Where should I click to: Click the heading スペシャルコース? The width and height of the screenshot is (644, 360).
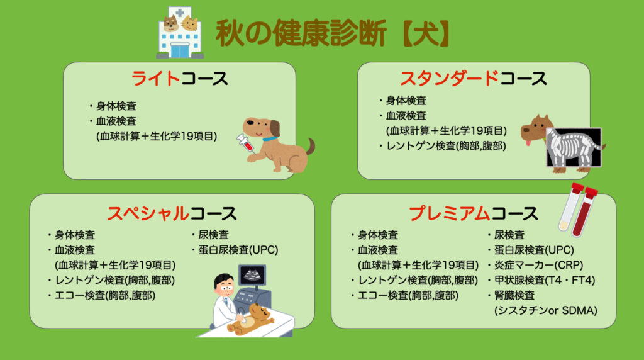click(x=171, y=213)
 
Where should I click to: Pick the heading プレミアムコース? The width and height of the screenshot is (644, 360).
click(x=473, y=213)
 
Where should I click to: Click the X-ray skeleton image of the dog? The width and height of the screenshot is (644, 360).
click(x=572, y=149)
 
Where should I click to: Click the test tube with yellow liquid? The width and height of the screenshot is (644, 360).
click(x=568, y=208)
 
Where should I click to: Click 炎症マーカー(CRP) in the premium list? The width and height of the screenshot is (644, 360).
click(x=533, y=265)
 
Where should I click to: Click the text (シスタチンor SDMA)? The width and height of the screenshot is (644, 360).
click(x=545, y=310)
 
